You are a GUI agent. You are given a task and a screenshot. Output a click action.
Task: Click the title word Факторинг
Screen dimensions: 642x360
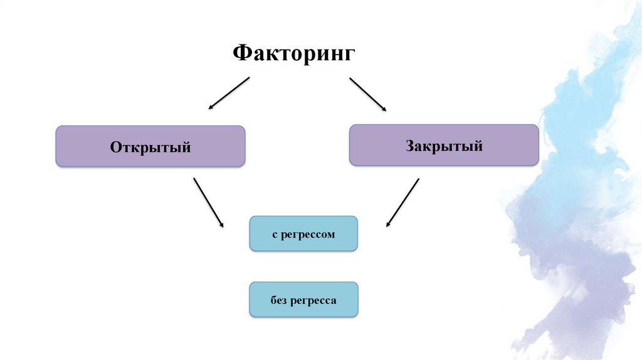click(x=294, y=53)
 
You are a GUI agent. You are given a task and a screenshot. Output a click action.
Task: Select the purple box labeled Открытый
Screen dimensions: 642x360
click(x=150, y=146)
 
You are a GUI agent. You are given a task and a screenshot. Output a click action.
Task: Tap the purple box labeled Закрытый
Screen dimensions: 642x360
click(x=444, y=145)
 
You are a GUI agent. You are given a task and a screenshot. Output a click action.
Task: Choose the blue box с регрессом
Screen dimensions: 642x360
click(x=303, y=234)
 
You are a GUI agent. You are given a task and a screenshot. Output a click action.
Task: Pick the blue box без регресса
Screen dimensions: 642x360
click(x=303, y=299)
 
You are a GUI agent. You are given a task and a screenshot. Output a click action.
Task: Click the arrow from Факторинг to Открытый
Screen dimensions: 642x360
click(x=229, y=93)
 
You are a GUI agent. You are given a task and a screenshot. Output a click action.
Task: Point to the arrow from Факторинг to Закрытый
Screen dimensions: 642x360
click(x=368, y=95)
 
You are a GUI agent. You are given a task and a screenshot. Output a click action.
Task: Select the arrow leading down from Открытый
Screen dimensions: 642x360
click(x=209, y=203)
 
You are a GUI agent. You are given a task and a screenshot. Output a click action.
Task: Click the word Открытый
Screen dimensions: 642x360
click(x=150, y=147)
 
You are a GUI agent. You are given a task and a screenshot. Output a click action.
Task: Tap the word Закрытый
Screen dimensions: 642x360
click(x=444, y=147)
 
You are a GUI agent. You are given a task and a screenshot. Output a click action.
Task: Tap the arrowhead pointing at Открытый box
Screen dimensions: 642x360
click(x=211, y=108)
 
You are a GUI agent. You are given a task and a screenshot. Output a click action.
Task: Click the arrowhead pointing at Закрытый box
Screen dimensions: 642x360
click(x=384, y=110)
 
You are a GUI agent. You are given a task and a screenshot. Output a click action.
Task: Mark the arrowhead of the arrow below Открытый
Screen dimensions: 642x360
click(x=221, y=225)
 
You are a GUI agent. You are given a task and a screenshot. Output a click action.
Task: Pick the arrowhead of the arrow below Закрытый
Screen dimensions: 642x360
click(x=388, y=223)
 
